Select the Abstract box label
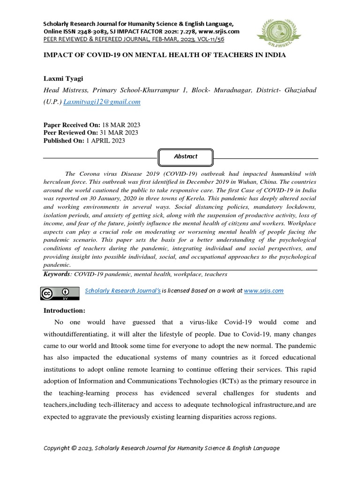(186, 157)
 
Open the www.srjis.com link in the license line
(264, 291)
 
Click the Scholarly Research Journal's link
(123, 291)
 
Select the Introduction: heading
(64, 310)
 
